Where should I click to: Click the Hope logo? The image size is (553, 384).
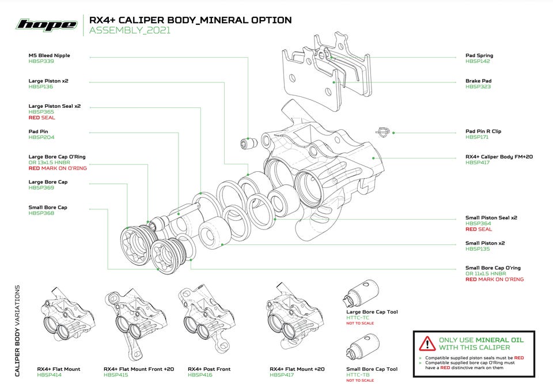click(47, 24)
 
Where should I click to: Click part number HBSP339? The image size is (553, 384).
click(41, 61)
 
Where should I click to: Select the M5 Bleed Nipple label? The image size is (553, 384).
click(49, 55)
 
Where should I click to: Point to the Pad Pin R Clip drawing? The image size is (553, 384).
click(382, 132)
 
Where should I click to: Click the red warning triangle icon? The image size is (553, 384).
click(427, 343)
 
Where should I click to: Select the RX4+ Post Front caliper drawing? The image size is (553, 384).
click(204, 317)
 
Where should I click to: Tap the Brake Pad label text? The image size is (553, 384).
click(478, 81)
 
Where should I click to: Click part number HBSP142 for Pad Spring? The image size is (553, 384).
click(478, 61)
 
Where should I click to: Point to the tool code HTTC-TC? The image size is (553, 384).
click(358, 318)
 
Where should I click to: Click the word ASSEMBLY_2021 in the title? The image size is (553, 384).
click(130, 31)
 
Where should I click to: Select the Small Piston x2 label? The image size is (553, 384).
click(485, 243)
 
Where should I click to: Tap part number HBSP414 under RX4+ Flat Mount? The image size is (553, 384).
click(50, 375)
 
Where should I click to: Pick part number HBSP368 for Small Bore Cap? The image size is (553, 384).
click(41, 213)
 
